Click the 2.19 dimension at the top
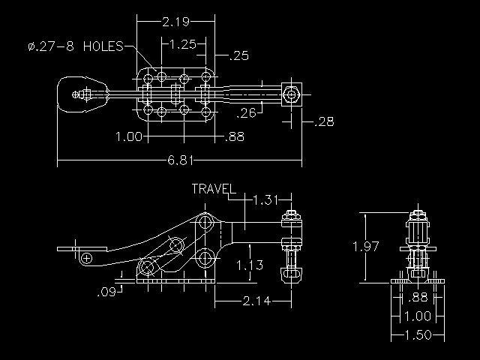pyautogui.click(x=175, y=22)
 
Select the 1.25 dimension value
pyautogui.click(x=182, y=44)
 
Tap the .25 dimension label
pyautogui.click(x=238, y=55)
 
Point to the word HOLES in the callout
pyautogui.click(x=103, y=46)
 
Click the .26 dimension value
pyautogui.click(x=247, y=113)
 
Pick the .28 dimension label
pyautogui.click(x=324, y=121)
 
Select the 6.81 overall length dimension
pyautogui.click(x=181, y=160)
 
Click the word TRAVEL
pyautogui.click(x=214, y=188)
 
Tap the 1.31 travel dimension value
pyautogui.click(x=265, y=200)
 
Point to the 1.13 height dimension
pyautogui.click(x=250, y=265)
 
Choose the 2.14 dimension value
pyautogui.click(x=256, y=301)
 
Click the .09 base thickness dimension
pyautogui.click(x=106, y=292)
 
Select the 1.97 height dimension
pyautogui.click(x=366, y=246)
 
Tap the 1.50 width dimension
pyautogui.click(x=418, y=335)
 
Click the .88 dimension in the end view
pyautogui.click(x=418, y=297)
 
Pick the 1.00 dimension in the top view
pyautogui.click(x=129, y=136)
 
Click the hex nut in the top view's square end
pyautogui.click(x=290, y=94)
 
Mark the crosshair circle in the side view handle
pyautogui.click(x=87, y=258)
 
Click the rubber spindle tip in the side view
pyautogui.click(x=291, y=274)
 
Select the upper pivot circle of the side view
pyautogui.click(x=205, y=222)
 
